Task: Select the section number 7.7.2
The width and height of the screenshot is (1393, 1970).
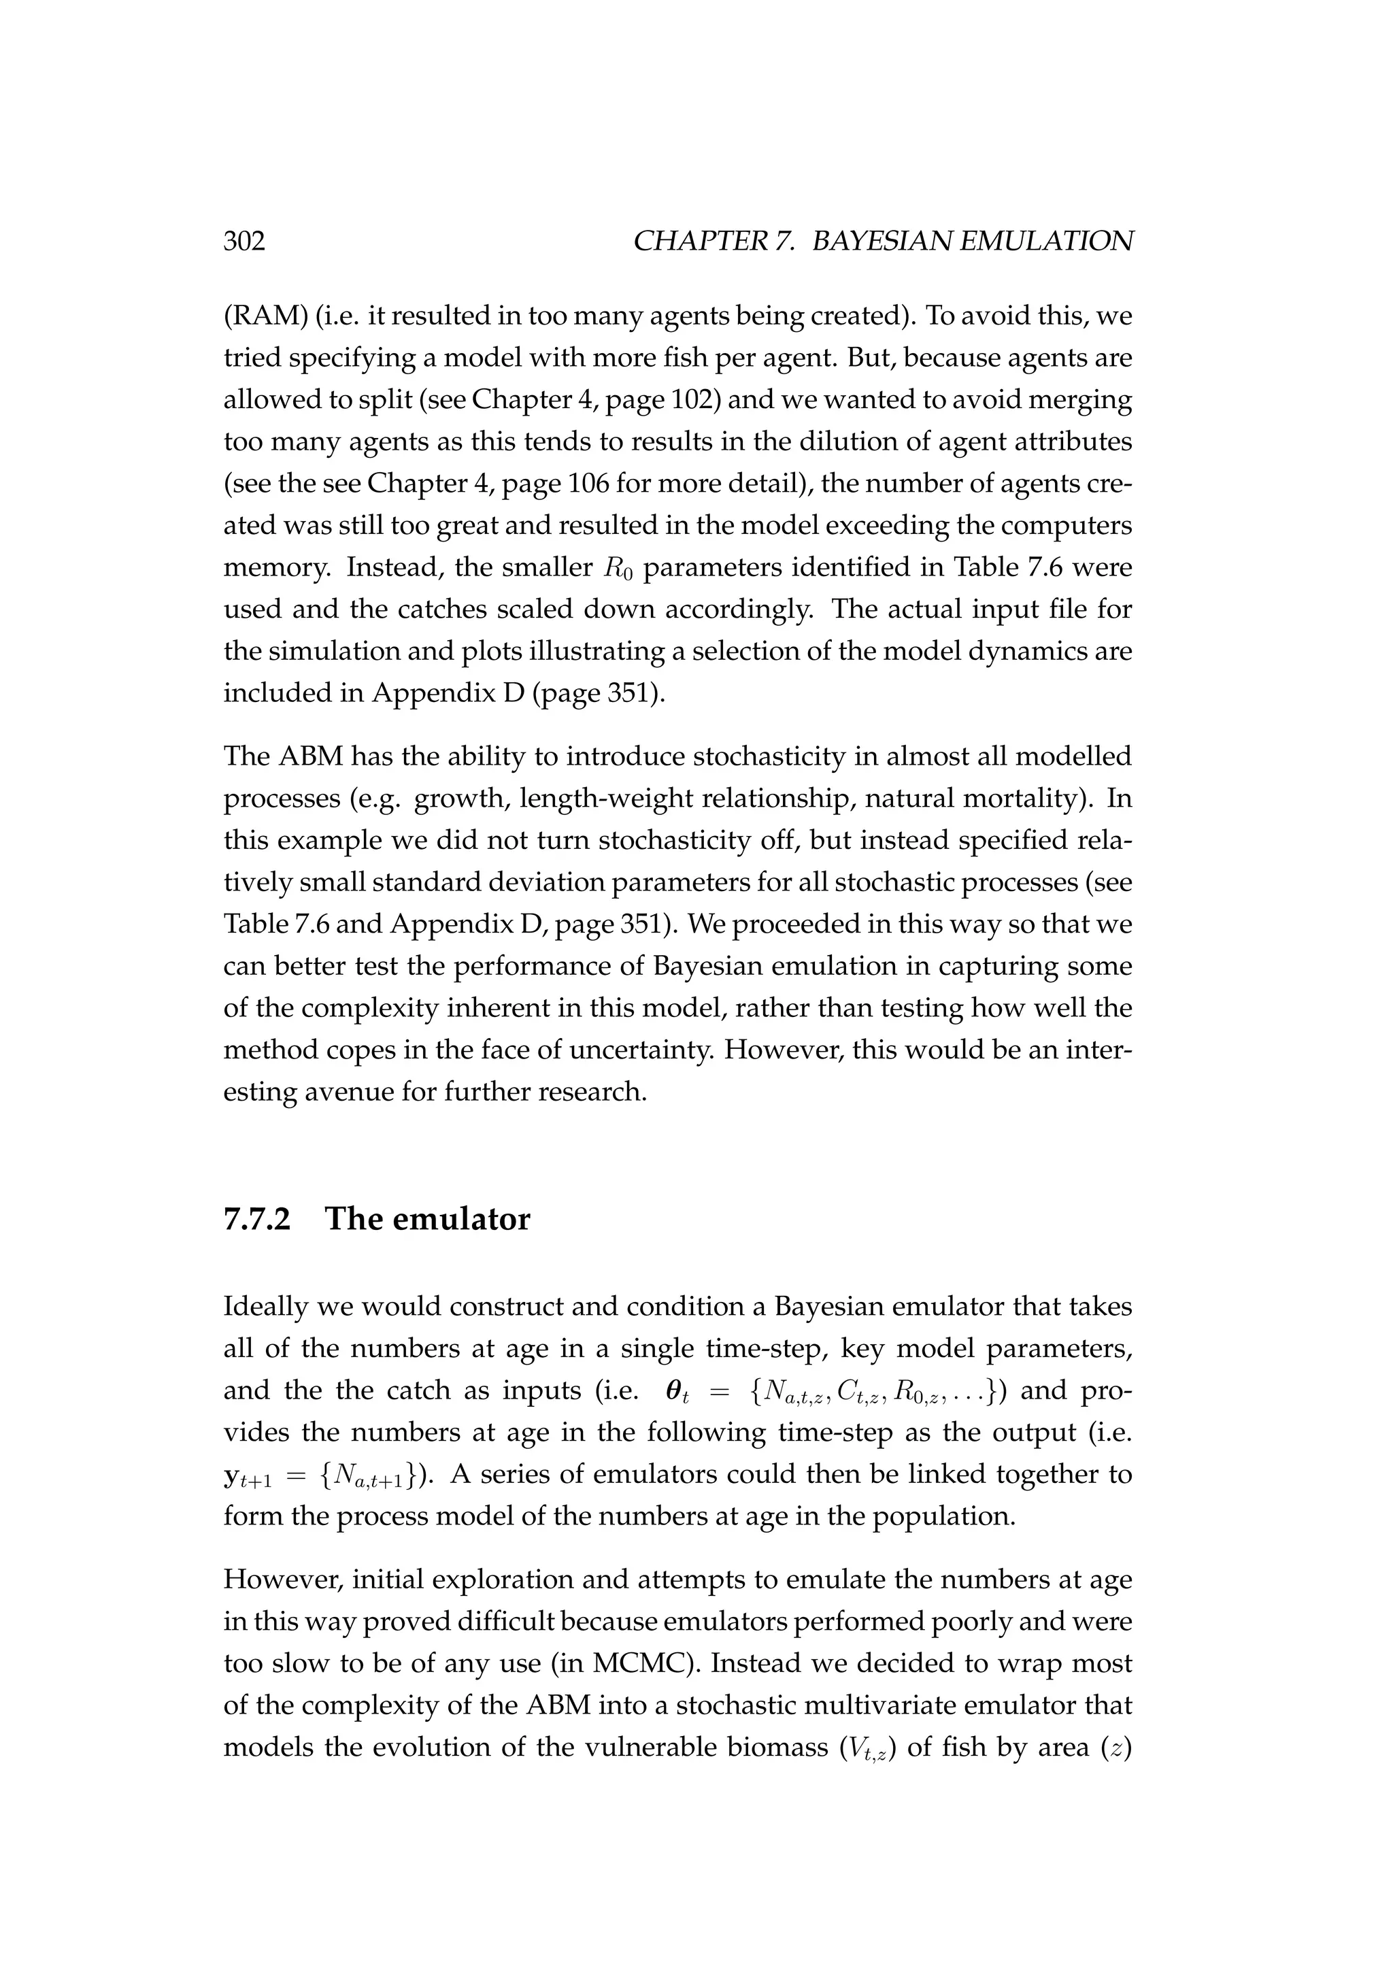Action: [256, 1219]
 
